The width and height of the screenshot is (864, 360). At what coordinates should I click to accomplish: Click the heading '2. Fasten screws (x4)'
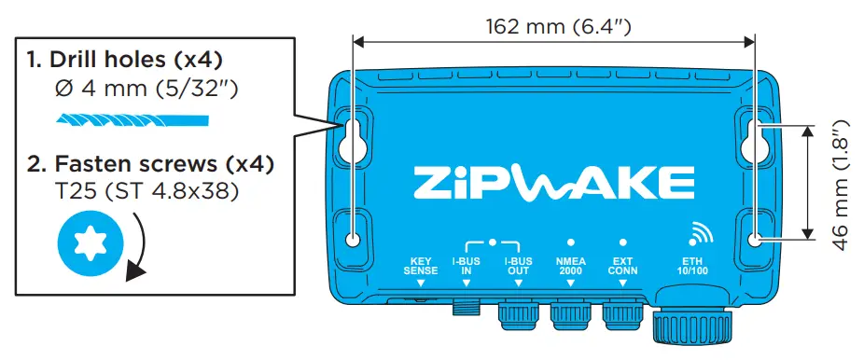pos(150,165)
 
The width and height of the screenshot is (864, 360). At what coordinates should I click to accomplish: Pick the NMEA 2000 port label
pos(570,266)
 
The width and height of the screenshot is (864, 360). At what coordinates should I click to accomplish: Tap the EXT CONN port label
pos(621,266)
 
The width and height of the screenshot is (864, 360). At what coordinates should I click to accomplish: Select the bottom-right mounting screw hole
pos(756,240)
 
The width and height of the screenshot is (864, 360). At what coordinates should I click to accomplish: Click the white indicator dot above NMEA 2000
pos(570,242)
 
